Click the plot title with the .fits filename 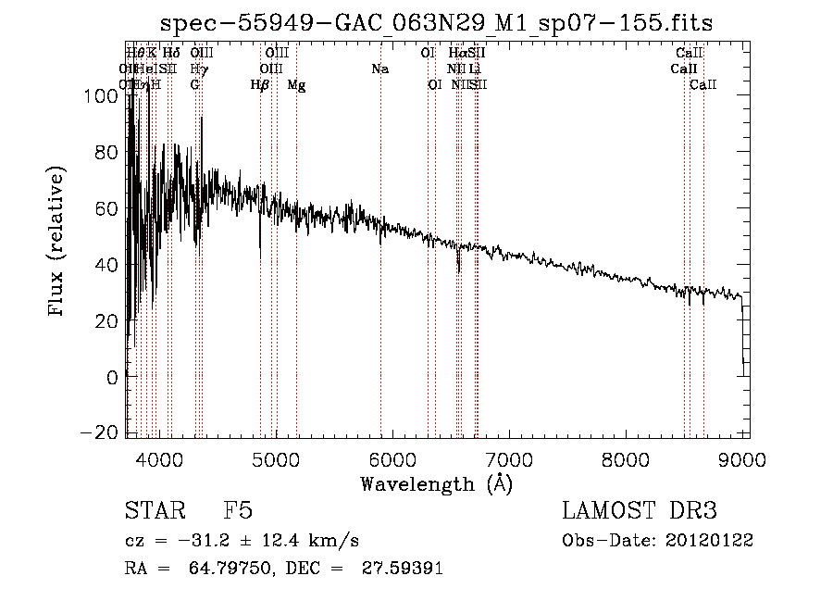[437, 22]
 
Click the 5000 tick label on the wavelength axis [276, 457]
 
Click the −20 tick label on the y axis [104, 433]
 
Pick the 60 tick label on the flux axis [108, 207]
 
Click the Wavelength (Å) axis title [436, 483]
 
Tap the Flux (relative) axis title [58, 243]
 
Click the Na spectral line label [379, 69]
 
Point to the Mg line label [296, 85]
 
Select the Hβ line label [260, 85]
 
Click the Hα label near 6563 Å [457, 53]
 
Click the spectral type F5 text [238, 511]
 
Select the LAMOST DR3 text [639, 511]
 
